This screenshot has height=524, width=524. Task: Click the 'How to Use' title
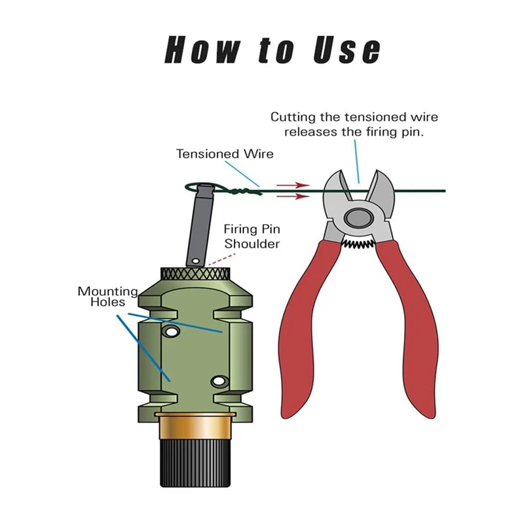point(272,50)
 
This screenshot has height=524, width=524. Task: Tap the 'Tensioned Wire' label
point(225,154)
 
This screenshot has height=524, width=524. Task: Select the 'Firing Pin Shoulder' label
point(252,236)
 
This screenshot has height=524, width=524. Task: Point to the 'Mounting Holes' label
point(108,297)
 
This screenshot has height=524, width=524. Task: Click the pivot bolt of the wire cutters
point(358,218)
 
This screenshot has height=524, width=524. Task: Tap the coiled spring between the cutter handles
point(358,245)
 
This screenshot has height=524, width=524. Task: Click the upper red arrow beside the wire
point(293,185)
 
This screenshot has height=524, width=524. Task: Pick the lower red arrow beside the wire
point(293,196)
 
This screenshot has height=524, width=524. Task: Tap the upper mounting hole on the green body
point(171,332)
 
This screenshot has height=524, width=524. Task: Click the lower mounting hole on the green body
point(219,381)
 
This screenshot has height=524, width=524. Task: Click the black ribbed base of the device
point(195,463)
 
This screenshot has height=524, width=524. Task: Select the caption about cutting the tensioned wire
point(354,124)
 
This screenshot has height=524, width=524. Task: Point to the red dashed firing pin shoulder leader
point(222,259)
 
